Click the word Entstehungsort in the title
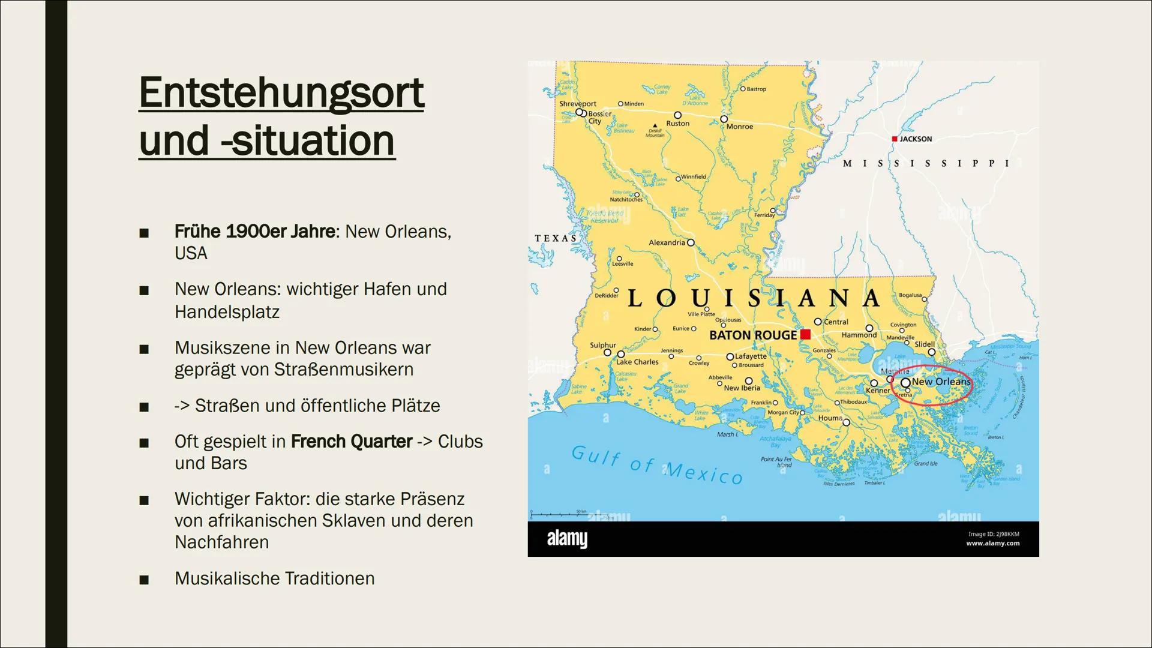(281, 93)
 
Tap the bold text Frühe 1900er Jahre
(255, 232)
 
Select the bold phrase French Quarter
(351, 442)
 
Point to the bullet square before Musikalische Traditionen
(143, 580)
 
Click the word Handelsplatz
(227, 312)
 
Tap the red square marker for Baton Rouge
(805, 334)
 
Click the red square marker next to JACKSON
(894, 139)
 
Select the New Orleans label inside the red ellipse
(940, 382)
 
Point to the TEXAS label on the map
(556, 238)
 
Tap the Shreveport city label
(577, 104)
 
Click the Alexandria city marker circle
(691, 242)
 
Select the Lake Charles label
(637, 362)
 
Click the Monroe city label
(739, 127)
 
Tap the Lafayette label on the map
(751, 356)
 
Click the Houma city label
(830, 418)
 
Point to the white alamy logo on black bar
(567, 539)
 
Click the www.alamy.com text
(992, 544)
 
